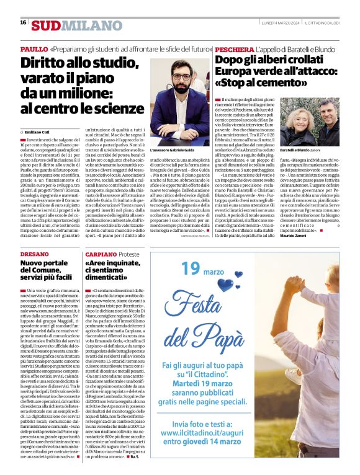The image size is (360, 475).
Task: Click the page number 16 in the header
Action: tap(23, 22)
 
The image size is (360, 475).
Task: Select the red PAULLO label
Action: tap(34, 48)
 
